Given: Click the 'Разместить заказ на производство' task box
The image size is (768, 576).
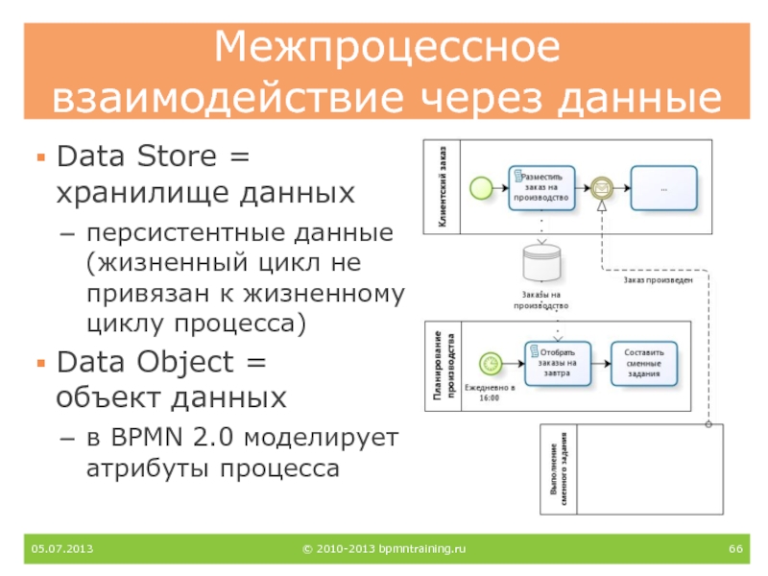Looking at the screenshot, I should [x=541, y=186].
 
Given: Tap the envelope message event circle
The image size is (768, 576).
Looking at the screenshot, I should [x=601, y=185].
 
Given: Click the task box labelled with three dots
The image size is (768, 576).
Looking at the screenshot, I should [x=663, y=186].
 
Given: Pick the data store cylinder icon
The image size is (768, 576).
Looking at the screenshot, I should [x=540, y=262].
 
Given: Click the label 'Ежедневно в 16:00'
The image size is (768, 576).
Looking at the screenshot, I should [x=491, y=392].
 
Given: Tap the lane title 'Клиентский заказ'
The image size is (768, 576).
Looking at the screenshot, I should [x=443, y=186].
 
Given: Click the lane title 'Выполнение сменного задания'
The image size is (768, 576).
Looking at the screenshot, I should [x=560, y=470].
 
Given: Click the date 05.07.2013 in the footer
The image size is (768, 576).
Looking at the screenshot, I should [x=56, y=548].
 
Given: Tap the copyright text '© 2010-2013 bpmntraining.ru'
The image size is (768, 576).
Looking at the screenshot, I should [x=384, y=548].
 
